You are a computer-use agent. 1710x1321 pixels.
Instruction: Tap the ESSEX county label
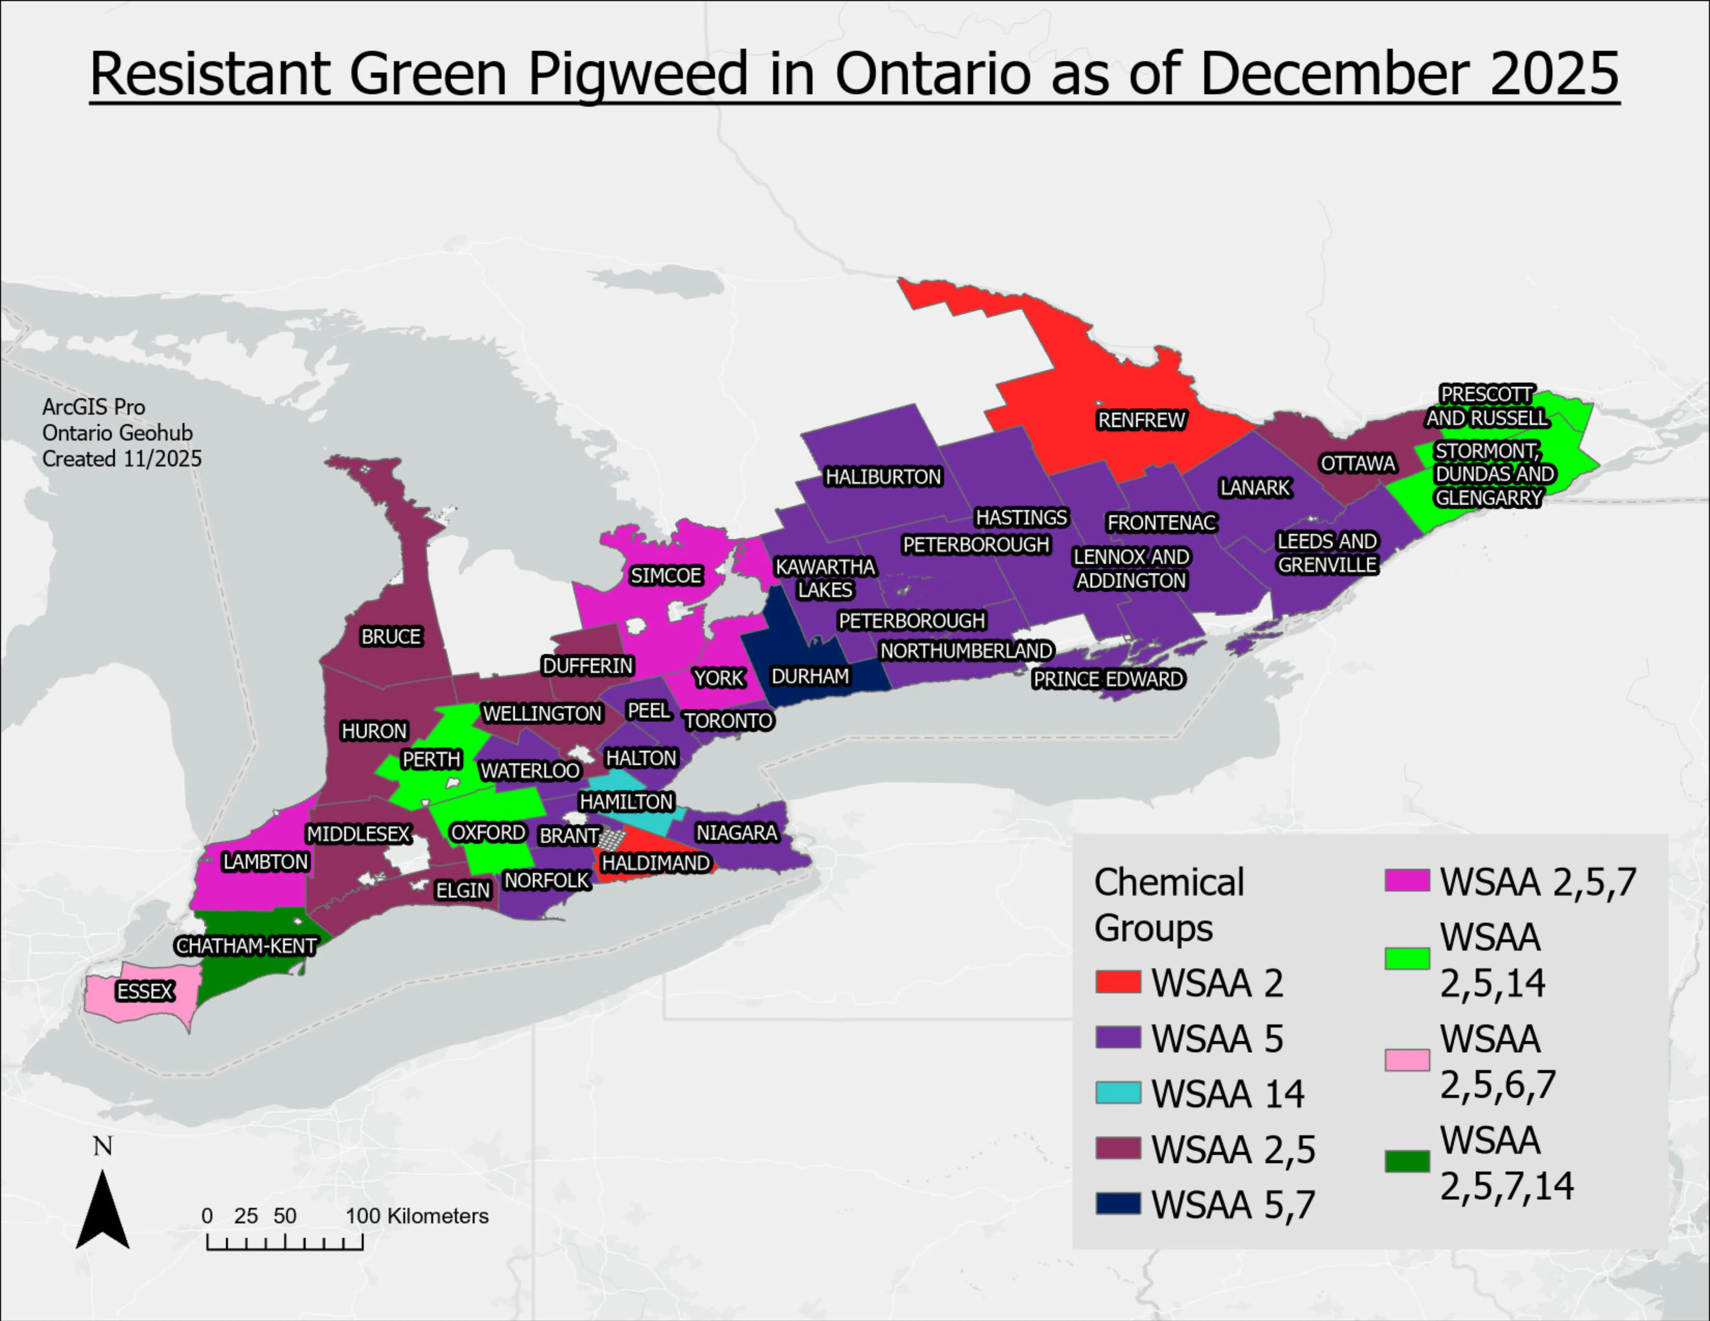(x=145, y=992)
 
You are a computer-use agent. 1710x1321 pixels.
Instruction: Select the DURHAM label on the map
(x=810, y=676)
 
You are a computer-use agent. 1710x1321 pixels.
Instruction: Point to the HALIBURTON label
(x=883, y=477)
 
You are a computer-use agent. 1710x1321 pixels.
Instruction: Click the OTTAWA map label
(x=1358, y=463)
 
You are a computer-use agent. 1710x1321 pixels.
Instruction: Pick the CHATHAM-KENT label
(x=246, y=946)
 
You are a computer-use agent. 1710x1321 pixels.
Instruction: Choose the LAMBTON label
(x=265, y=861)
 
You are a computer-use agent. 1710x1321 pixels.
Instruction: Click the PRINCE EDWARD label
(x=1108, y=679)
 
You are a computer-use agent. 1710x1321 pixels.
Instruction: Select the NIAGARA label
(x=737, y=833)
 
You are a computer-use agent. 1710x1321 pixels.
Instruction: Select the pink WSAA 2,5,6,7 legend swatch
(x=1407, y=1060)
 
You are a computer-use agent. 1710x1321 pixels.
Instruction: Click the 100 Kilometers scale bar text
(x=417, y=1216)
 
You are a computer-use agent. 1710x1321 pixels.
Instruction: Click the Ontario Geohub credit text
(x=117, y=433)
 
